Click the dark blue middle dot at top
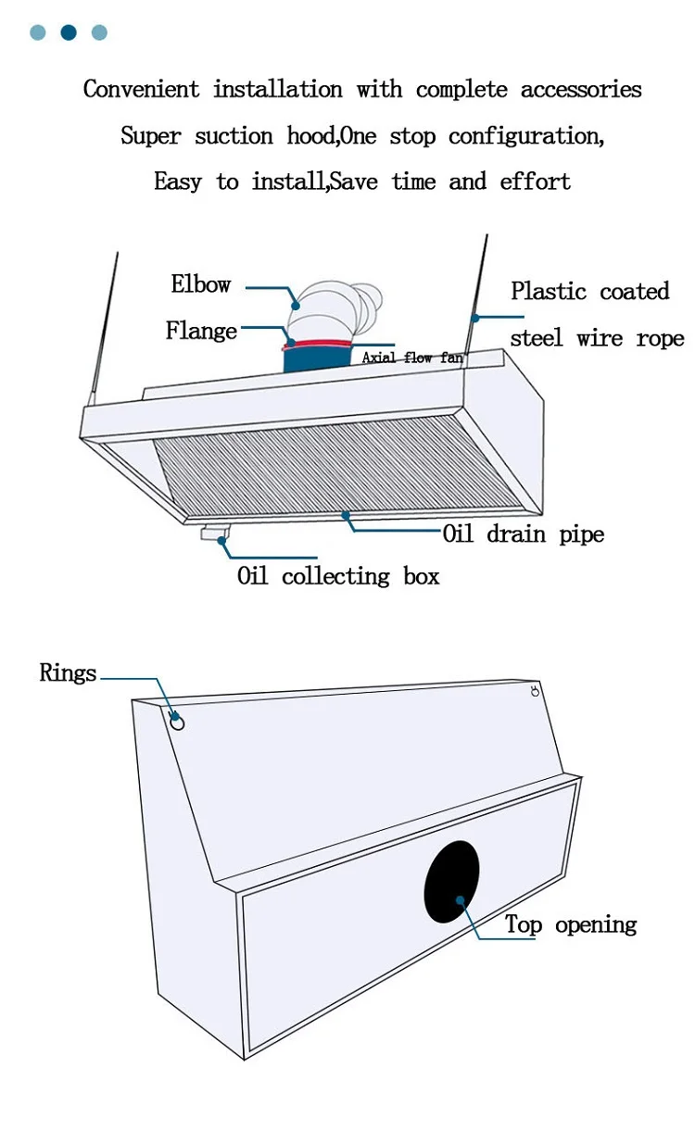[69, 32]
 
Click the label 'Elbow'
[200, 284]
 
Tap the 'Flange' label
[201, 331]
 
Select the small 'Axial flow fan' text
[412, 358]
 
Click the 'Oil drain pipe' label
[523, 534]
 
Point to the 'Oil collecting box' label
[338, 576]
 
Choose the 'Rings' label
[68, 673]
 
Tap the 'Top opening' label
[571, 924]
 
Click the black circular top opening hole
[452, 882]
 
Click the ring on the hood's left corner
[177, 722]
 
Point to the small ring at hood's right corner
[535, 691]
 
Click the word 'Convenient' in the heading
[141, 90]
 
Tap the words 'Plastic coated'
[589, 292]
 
